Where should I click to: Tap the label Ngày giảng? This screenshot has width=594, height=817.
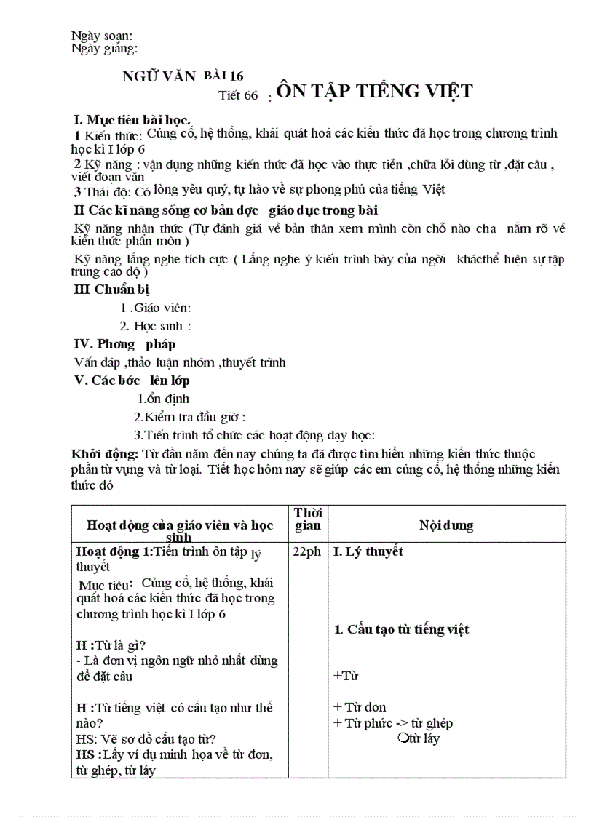(105, 49)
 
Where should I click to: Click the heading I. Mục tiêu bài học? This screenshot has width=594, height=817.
(132, 119)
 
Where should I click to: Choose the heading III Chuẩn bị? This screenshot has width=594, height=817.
(112, 290)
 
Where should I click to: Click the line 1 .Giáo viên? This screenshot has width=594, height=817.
(156, 308)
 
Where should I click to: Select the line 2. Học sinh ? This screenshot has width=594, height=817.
(156, 326)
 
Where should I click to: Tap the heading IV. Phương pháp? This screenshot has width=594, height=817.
(125, 344)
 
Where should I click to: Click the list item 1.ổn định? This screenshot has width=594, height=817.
(164, 399)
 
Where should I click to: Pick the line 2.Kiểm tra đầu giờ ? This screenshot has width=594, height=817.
(190, 417)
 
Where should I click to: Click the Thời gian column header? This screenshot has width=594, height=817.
(307, 519)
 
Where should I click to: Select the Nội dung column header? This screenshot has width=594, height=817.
(446, 525)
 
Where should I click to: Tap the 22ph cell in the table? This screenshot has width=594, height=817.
(307, 552)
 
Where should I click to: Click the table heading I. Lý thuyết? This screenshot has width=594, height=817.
(368, 551)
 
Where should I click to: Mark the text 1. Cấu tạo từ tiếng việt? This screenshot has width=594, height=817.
(401, 629)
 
